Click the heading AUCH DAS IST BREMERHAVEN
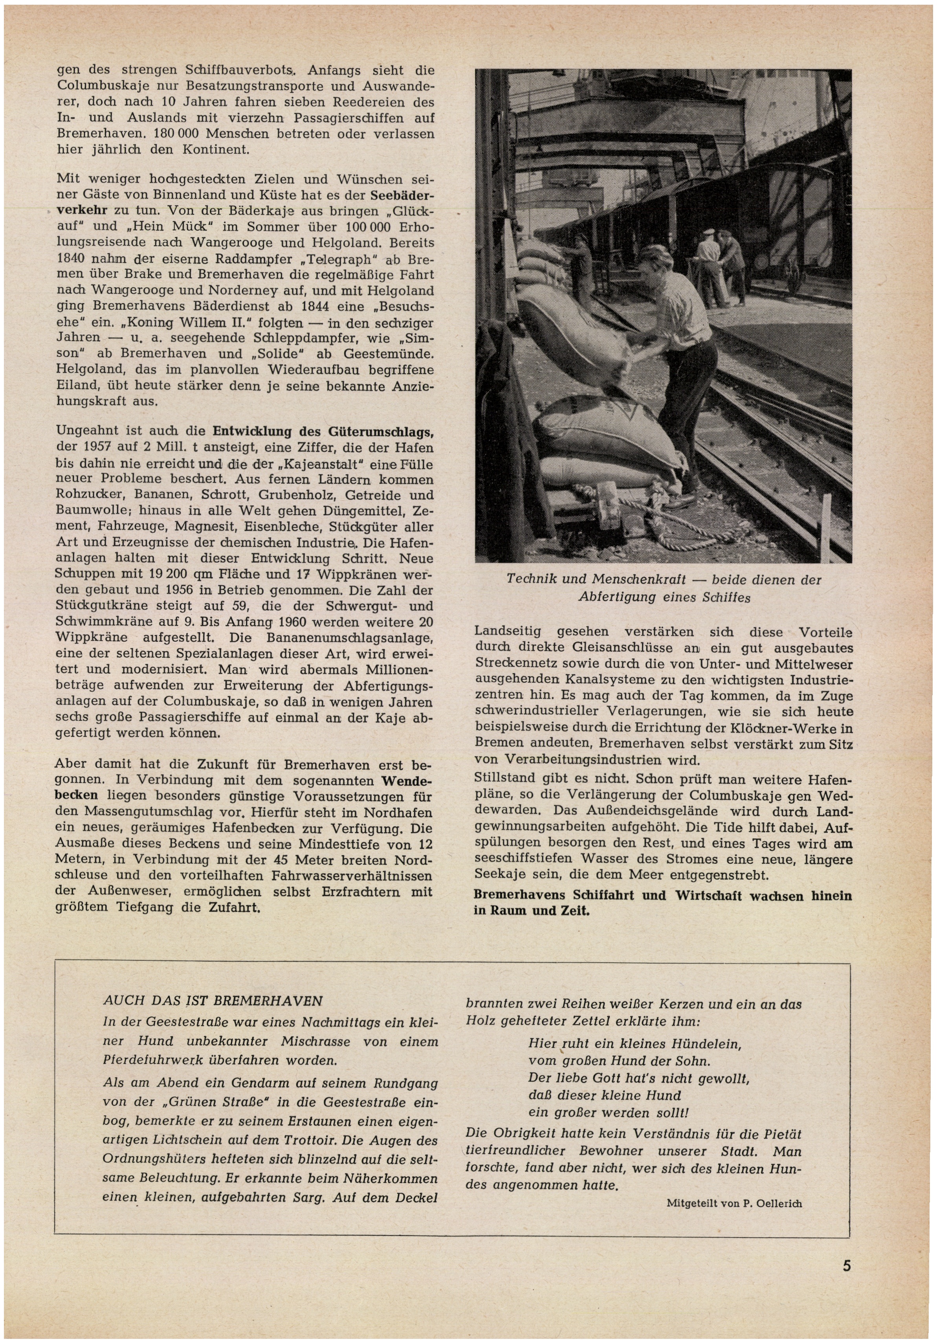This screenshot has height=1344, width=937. (213, 1000)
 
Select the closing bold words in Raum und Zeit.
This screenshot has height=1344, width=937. (531, 911)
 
